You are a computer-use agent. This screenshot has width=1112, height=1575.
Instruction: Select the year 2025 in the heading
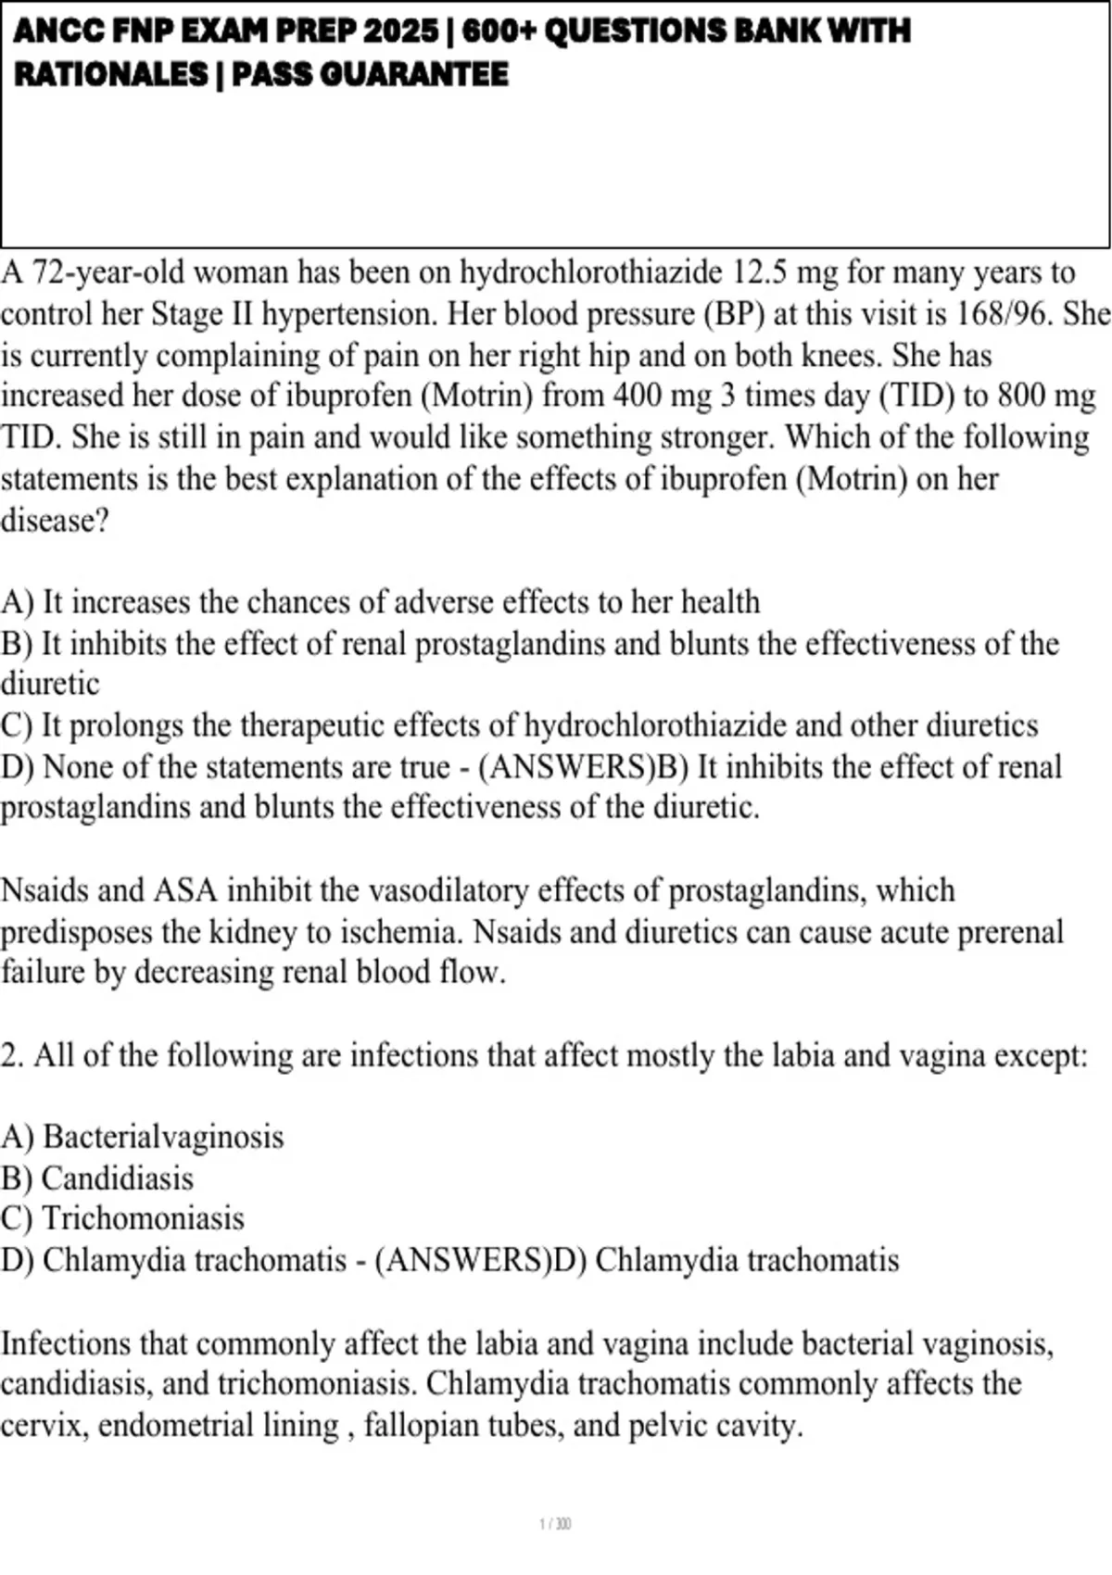point(401,31)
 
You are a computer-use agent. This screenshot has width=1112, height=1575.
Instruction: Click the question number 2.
point(11,1055)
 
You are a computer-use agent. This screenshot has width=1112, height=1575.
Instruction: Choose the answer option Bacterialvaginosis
point(163,1137)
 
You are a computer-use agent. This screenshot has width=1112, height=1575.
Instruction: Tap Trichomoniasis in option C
point(144,1218)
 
